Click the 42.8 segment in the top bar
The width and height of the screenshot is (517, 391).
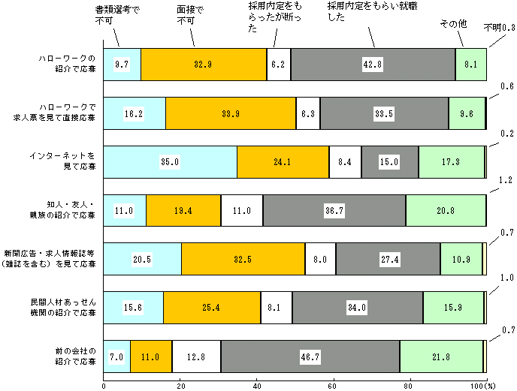tap(373, 65)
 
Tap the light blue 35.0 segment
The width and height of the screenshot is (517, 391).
tap(170, 162)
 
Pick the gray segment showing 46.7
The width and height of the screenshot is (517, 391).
tap(310, 356)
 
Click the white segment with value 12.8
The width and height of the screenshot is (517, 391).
tap(196, 356)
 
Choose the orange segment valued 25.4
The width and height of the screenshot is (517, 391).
tap(211, 308)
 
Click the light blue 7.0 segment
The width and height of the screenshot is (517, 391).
tap(116, 356)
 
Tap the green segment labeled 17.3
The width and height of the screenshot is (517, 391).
tap(451, 162)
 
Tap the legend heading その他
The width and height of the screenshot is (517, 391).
tap(453, 24)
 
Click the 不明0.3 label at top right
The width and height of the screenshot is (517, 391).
tap(499, 28)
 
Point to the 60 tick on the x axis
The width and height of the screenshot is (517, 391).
tap(333, 385)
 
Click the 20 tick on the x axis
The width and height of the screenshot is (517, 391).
tap(180, 385)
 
